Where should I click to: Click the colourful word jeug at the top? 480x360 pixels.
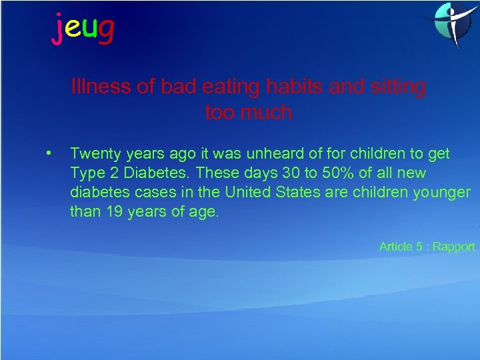tap(83, 28)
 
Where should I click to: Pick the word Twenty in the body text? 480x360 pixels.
tap(94, 154)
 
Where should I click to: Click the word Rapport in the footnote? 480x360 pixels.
tap(454, 247)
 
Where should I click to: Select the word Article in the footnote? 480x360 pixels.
tap(396, 247)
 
